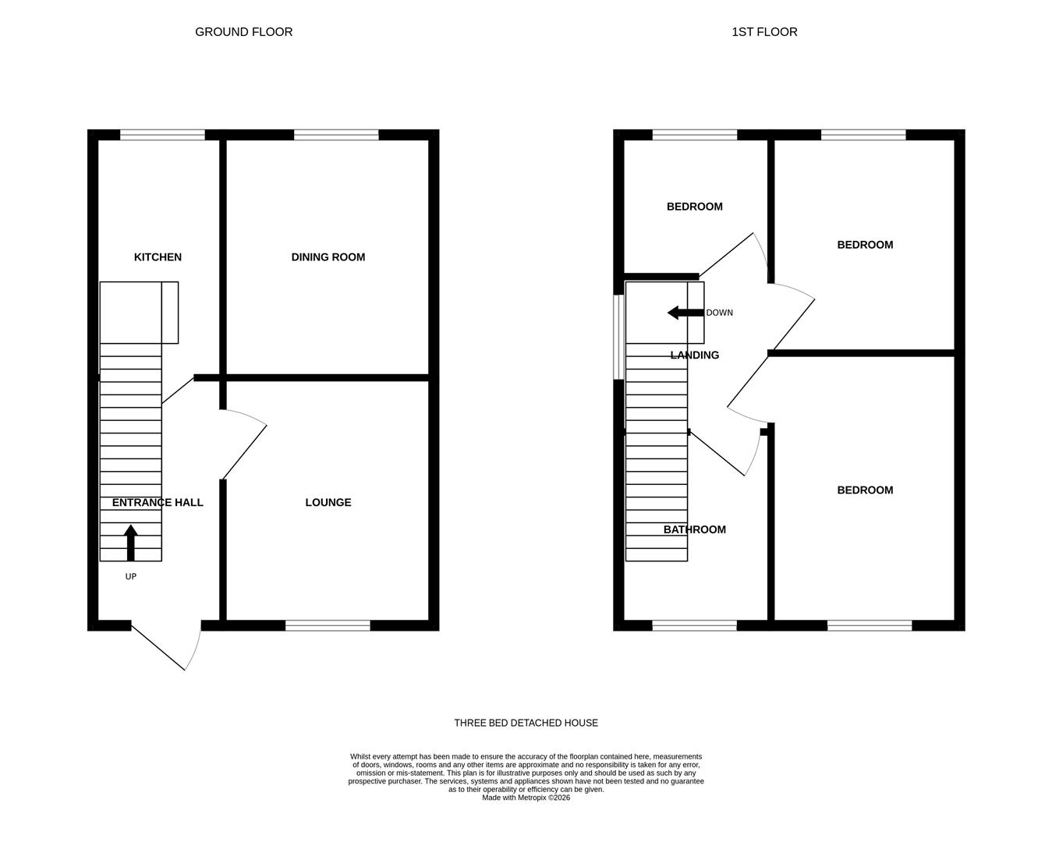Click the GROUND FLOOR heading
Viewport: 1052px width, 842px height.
point(243,32)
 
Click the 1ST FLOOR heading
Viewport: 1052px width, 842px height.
point(764,32)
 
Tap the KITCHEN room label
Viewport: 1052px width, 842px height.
point(158,257)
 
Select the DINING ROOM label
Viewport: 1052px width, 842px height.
point(328,257)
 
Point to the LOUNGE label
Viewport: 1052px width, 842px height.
point(328,503)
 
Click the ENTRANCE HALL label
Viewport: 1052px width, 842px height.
point(158,503)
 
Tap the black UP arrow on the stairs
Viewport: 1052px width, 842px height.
point(130,543)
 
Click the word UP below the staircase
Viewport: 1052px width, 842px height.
point(130,577)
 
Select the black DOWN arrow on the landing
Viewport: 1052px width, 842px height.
point(685,313)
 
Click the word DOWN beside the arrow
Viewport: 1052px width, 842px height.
point(719,313)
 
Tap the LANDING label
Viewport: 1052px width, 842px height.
point(694,356)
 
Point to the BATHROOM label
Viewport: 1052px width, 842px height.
point(694,530)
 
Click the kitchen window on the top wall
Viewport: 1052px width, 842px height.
point(162,135)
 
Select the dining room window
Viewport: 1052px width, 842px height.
point(336,135)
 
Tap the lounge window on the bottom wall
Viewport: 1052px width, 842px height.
point(328,625)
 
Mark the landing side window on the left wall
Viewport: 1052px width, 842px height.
point(618,337)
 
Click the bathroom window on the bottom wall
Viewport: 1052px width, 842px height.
point(694,625)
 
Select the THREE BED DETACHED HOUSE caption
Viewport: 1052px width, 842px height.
point(526,723)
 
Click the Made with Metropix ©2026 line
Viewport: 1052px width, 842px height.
point(526,798)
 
